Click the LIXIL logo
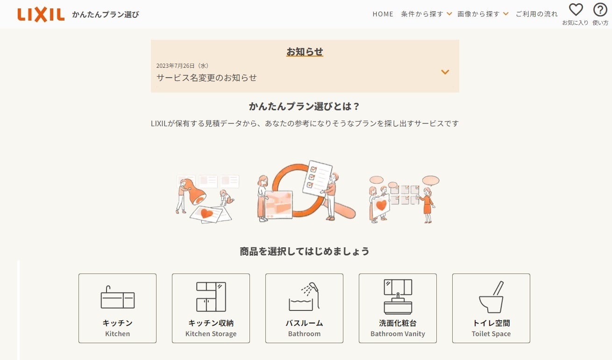coord(41,15)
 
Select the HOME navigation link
coord(383,14)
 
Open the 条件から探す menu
coord(426,14)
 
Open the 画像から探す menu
coord(483,14)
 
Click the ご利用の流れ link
coord(537,14)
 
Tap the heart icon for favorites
coord(576,9)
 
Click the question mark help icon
coord(600,10)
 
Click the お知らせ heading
coord(305,51)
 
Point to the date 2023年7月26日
coord(175,65)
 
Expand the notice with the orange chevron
coord(445,72)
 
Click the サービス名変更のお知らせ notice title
coord(206,78)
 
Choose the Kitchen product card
coord(117,308)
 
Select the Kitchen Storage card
coord(211,308)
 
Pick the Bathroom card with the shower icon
coord(304,308)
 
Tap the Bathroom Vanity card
coord(398,308)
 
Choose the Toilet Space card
coord(491,308)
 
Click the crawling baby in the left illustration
coord(226,198)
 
